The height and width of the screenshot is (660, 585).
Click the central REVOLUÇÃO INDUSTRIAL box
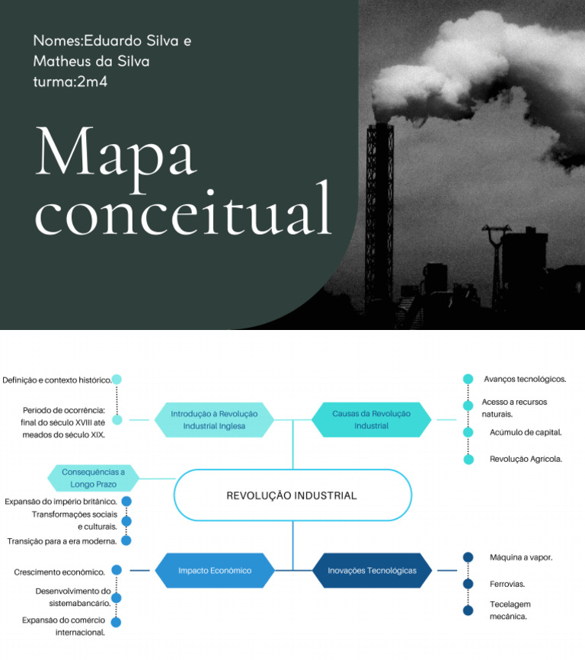tap(292, 495)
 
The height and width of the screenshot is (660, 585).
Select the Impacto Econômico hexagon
tap(215, 570)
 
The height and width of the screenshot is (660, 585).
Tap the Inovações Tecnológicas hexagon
tap(372, 570)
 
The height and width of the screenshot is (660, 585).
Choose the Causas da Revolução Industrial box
tap(371, 419)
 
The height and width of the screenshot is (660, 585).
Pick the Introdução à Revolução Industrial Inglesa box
tap(214, 419)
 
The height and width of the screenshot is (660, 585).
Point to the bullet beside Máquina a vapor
tap(468, 557)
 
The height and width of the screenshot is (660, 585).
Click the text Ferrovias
tap(507, 584)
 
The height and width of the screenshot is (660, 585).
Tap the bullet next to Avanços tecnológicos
tap(468, 379)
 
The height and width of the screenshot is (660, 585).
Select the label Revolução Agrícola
tap(526, 459)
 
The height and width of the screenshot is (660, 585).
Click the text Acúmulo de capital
tap(526, 432)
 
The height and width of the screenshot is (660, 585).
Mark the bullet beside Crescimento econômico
tap(117, 570)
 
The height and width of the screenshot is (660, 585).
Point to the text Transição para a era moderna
tap(62, 541)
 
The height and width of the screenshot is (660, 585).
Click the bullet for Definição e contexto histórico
tap(117, 379)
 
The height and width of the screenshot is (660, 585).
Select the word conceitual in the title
tap(183, 210)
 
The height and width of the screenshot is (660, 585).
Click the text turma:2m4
tap(70, 82)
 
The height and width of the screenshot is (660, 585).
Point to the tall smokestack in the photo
tap(379, 206)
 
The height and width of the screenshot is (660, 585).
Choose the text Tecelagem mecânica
tap(509, 610)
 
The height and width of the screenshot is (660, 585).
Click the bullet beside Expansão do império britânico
tap(126, 501)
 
